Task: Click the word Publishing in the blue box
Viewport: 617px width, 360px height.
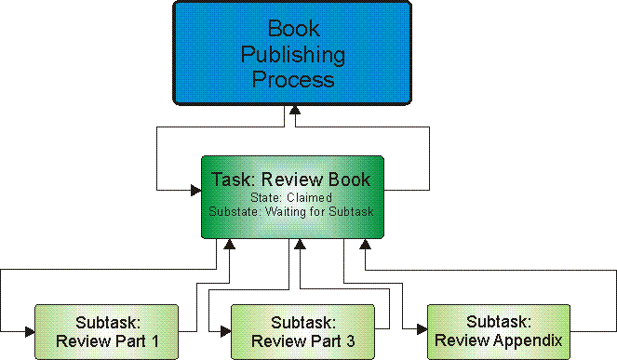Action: click(293, 54)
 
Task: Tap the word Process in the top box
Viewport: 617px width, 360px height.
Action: click(293, 79)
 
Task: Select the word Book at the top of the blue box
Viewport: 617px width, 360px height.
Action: click(293, 29)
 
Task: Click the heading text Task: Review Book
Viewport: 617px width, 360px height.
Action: click(291, 180)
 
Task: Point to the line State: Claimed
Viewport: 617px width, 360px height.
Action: click(291, 197)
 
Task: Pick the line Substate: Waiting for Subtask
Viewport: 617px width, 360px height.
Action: click(291, 211)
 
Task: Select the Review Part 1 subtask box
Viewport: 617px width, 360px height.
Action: click(105, 330)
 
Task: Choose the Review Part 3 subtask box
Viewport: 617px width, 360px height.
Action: click(302, 330)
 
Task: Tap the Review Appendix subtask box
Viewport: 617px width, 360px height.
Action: click(499, 330)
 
